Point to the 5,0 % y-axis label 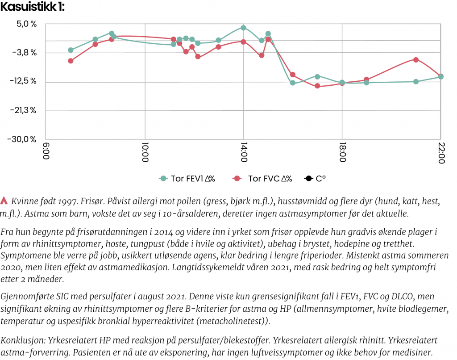tap(27, 24)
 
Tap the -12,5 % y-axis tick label tap(23, 81)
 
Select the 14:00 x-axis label tap(244, 154)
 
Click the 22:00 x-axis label tap(441, 154)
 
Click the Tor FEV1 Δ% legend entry tap(187, 179)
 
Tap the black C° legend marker tap(308, 179)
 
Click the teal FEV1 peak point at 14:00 tap(243, 28)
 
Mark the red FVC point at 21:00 tap(416, 59)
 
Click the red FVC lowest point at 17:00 tap(317, 86)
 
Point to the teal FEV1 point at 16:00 tap(292, 83)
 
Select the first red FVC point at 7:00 tap(71, 61)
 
